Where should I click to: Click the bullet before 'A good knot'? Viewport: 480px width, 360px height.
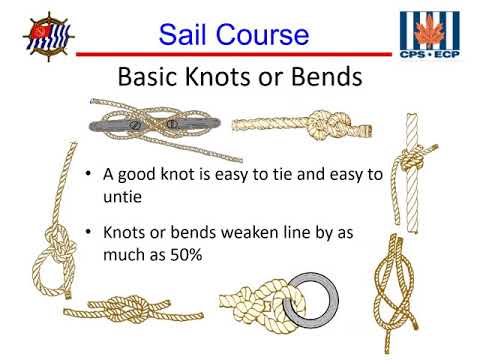tap(91, 174)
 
